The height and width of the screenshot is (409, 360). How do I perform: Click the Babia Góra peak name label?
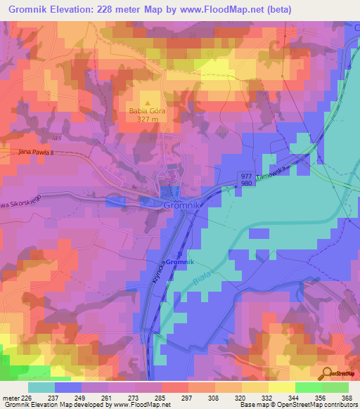tap(148, 110)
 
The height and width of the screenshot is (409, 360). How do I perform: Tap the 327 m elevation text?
tap(148, 119)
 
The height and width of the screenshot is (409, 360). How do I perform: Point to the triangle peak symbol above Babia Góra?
tap(148, 102)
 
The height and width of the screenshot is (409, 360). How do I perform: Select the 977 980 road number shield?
tap(245, 180)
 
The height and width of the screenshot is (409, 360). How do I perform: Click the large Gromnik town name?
tap(183, 204)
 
